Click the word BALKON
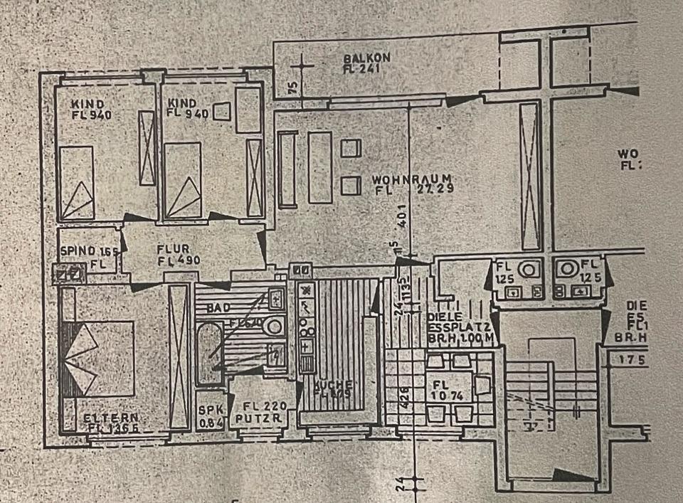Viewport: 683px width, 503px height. [367, 58]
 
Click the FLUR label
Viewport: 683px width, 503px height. [173, 248]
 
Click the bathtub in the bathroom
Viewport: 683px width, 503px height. [210, 353]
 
